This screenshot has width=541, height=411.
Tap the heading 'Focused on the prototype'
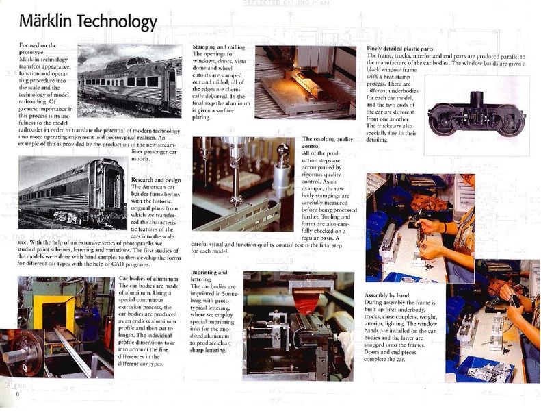[34, 49]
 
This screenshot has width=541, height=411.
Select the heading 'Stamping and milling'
[217, 45]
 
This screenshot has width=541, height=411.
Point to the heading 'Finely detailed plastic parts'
[403, 49]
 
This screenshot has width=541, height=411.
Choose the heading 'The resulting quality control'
[326, 142]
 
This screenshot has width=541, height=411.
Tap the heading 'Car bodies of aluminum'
[144, 278]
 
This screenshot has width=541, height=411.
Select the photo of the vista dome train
[130, 80]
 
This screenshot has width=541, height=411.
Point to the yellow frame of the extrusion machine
[43, 301]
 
